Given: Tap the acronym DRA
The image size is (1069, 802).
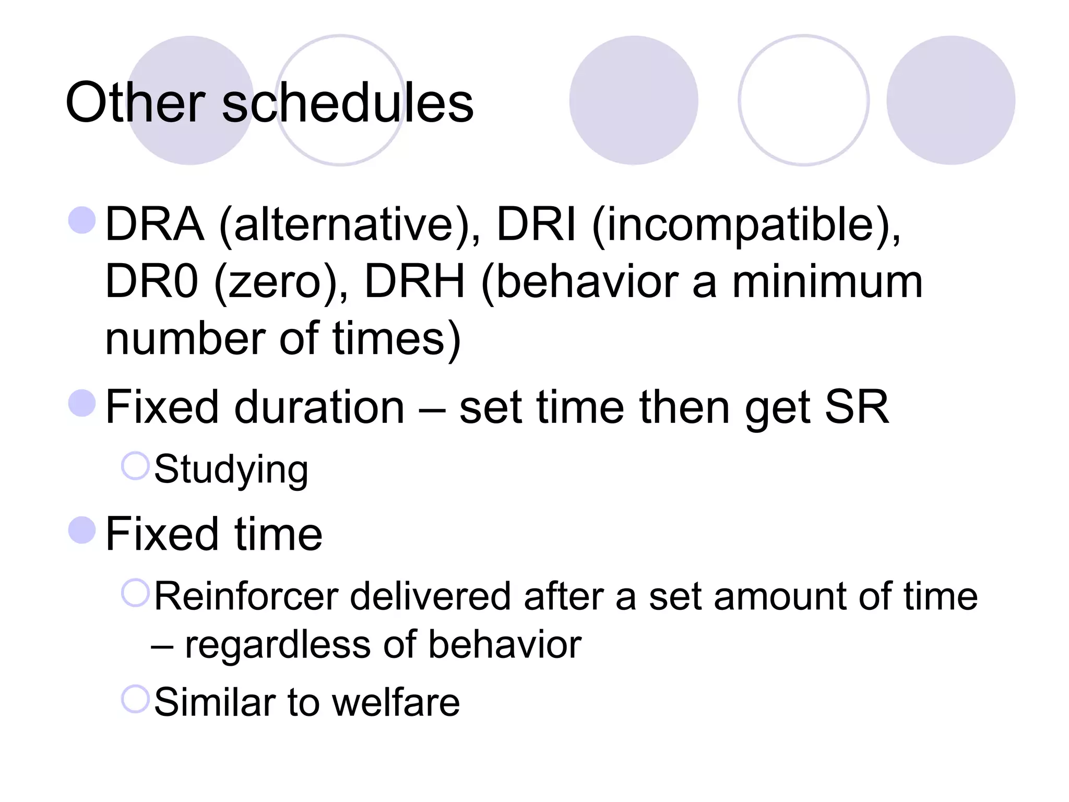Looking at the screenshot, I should coord(155,224).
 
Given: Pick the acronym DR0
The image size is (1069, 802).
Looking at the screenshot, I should coord(151,281).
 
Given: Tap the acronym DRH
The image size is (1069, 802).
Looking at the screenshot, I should coord(414,281).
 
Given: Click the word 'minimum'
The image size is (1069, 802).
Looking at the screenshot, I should coord(827,281).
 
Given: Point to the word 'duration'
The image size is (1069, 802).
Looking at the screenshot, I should coord(319,407).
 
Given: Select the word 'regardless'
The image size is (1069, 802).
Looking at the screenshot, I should coord(278,644).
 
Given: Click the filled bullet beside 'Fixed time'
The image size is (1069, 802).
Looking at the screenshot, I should coord(82,530).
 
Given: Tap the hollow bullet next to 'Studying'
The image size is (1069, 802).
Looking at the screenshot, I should coord(136,466).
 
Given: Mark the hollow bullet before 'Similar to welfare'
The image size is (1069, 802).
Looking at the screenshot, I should coord(136,699).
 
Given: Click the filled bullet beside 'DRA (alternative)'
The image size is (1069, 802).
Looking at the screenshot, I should coord(82,220).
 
